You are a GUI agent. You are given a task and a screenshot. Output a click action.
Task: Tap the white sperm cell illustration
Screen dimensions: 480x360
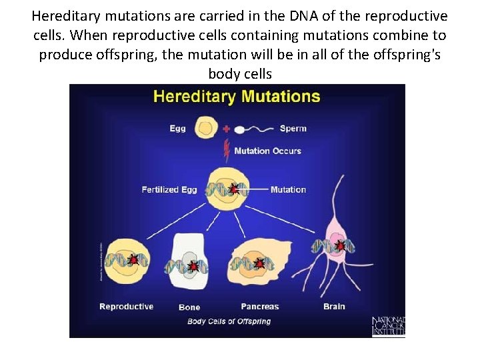click(x=240, y=128)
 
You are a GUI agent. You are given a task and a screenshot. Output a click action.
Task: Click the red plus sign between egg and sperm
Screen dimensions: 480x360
click(x=226, y=128)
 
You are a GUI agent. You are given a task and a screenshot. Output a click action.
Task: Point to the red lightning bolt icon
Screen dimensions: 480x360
click(x=227, y=150)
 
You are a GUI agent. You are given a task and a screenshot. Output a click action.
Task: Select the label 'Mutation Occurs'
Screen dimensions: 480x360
click(x=267, y=151)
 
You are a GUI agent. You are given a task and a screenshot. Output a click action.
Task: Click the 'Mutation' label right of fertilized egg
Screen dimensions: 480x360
click(x=288, y=190)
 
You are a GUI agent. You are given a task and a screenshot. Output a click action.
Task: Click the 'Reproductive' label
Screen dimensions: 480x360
click(x=126, y=307)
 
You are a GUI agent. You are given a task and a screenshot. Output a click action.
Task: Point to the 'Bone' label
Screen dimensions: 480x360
click(x=189, y=307)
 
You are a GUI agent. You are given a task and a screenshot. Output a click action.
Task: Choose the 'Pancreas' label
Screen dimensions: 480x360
click(x=259, y=307)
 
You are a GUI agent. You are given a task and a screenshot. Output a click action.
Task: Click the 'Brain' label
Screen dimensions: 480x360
click(x=334, y=307)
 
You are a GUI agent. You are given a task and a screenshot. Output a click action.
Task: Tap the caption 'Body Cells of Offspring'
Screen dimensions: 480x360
click(x=229, y=321)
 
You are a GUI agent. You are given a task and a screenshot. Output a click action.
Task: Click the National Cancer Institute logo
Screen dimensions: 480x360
click(x=388, y=327)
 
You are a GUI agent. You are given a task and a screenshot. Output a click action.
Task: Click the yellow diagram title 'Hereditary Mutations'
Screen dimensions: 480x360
click(x=237, y=97)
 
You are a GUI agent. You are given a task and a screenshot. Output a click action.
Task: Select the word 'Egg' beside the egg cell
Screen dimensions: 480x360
click(x=177, y=129)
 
